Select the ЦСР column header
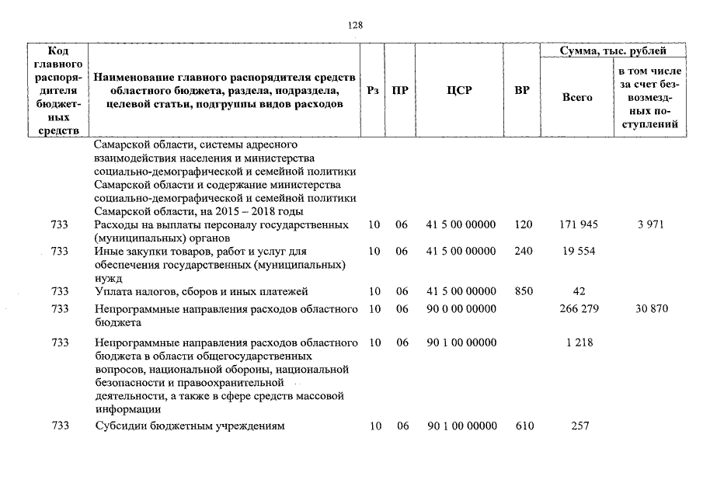click(x=459, y=91)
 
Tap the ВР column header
click(x=522, y=91)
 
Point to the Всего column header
click(x=576, y=98)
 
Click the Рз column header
click(x=373, y=91)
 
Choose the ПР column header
click(x=401, y=91)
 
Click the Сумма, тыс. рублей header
click(x=613, y=50)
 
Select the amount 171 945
click(x=579, y=225)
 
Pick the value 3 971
click(x=650, y=225)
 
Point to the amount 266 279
click(x=579, y=310)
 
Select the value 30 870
click(x=650, y=310)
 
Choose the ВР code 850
click(x=524, y=292)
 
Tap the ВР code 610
click(x=524, y=426)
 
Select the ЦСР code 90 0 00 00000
click(x=461, y=310)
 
